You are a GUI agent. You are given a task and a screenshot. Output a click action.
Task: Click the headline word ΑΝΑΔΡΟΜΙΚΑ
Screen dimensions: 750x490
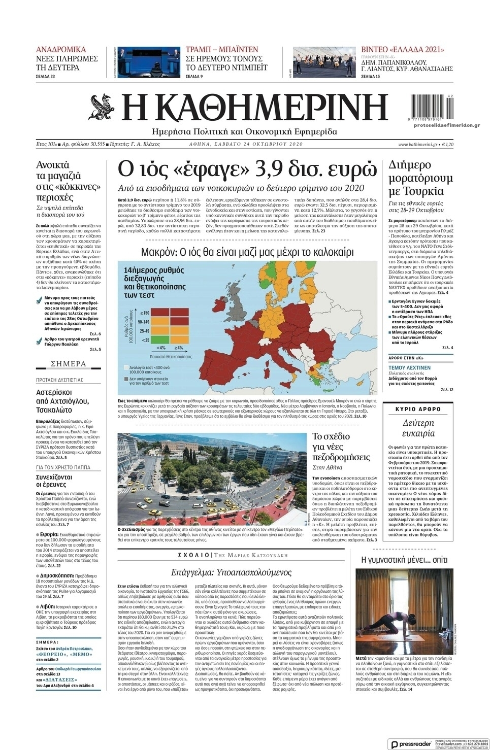click(61, 49)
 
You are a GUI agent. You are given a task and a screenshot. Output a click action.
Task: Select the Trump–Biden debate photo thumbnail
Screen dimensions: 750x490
click(148, 62)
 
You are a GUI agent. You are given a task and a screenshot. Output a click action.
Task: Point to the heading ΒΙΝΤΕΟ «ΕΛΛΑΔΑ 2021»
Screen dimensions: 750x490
click(402, 49)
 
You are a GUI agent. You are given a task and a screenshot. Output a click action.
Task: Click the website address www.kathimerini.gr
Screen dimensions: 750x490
click(417, 144)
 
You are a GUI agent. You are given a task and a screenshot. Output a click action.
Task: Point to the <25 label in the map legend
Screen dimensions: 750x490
click(146, 339)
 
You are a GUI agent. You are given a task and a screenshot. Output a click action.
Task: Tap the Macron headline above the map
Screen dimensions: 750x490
click(247, 252)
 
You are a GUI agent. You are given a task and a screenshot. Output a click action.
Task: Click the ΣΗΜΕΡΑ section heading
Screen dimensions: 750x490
click(69, 364)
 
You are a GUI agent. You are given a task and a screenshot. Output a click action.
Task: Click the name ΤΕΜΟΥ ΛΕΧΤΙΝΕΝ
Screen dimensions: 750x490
click(409, 367)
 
